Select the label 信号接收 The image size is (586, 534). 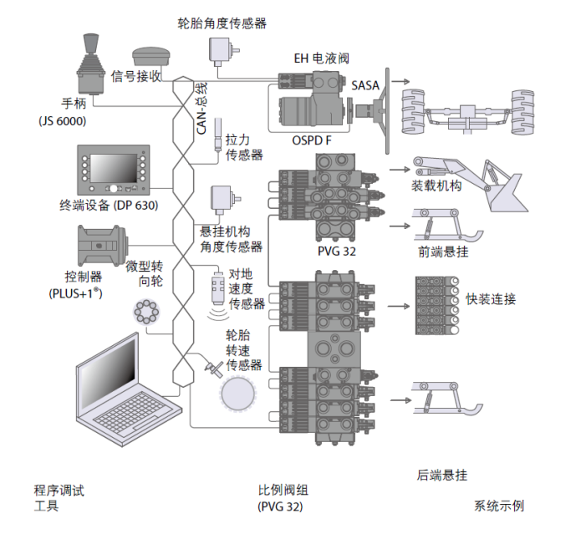(136, 76)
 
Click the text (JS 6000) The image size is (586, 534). (63, 120)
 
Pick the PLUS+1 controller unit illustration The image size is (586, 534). (101, 246)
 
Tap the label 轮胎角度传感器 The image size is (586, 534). (222, 23)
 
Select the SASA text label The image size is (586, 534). (365, 86)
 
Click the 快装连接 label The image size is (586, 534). (491, 299)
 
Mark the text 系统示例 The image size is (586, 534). (500, 506)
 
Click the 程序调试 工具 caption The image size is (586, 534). (59, 498)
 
